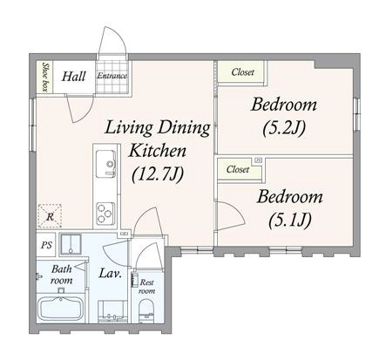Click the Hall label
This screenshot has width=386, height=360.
click(74, 77)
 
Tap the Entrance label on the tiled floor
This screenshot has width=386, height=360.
click(112, 76)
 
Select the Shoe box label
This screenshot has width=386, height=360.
click(45, 77)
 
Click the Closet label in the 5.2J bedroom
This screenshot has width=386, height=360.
click(242, 72)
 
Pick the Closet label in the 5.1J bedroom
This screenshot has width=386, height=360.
click(238, 169)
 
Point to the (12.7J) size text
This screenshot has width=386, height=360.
click(158, 174)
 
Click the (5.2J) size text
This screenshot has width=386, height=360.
click(284, 129)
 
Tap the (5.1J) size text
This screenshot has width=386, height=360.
click(290, 221)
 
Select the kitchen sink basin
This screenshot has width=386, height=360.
click(106, 163)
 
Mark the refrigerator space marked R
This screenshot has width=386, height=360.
click(50, 216)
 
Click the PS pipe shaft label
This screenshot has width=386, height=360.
click(46, 245)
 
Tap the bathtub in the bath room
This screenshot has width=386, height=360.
click(61, 309)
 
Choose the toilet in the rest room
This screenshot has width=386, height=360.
click(146, 311)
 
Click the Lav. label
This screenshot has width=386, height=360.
click(111, 274)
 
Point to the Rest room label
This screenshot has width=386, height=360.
click(146, 287)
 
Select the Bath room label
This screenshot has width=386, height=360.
click(62, 275)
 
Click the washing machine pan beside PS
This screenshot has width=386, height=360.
click(71, 244)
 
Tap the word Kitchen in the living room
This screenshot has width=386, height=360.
click(158, 152)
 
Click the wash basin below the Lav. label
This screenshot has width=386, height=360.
click(112, 311)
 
